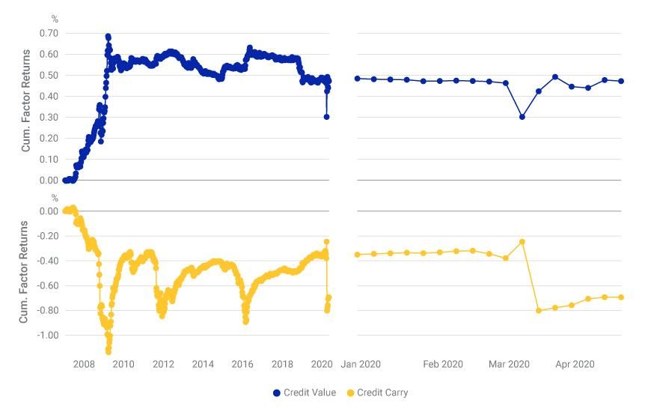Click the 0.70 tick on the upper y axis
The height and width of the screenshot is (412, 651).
49,33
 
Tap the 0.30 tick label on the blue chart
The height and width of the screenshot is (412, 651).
49,117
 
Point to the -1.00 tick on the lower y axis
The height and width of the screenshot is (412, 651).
47,335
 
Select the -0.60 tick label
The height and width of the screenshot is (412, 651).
47,285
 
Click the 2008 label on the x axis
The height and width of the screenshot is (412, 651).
84,364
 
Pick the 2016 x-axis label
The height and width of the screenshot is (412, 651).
242,364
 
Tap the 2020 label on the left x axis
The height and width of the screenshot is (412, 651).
322,364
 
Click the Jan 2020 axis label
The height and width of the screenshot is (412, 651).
361,364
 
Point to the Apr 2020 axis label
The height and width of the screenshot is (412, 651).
575,364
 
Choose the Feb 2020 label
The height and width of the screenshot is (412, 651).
443,364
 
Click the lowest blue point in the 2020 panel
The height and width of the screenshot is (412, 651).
522,117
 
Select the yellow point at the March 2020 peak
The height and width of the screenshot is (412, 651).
522,242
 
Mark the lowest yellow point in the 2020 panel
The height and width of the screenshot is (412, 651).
539,310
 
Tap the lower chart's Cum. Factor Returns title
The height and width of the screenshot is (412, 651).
25,272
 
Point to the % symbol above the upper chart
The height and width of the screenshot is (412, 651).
55,19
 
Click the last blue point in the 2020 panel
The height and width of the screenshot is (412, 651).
621,81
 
